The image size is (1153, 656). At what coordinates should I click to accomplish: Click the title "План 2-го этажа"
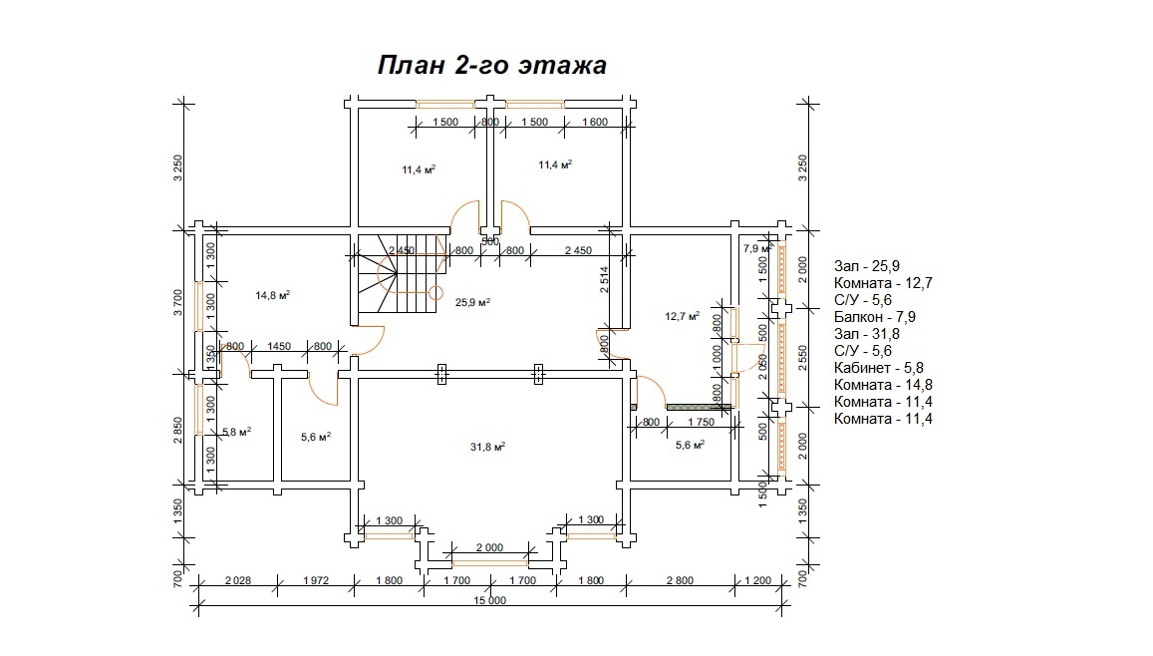491,66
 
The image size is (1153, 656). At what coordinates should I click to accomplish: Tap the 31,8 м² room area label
486,447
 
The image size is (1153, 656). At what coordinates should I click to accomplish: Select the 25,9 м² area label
473,301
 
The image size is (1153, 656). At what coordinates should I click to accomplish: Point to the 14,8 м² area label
272,295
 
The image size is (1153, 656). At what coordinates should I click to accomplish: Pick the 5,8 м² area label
236,432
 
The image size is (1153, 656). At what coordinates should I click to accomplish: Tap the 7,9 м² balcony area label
757,248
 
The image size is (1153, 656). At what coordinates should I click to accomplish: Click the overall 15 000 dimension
490,600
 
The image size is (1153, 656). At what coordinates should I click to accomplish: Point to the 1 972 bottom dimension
315,579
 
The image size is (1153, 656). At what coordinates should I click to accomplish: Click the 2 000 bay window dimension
489,547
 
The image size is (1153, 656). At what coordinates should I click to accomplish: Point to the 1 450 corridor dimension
279,346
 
